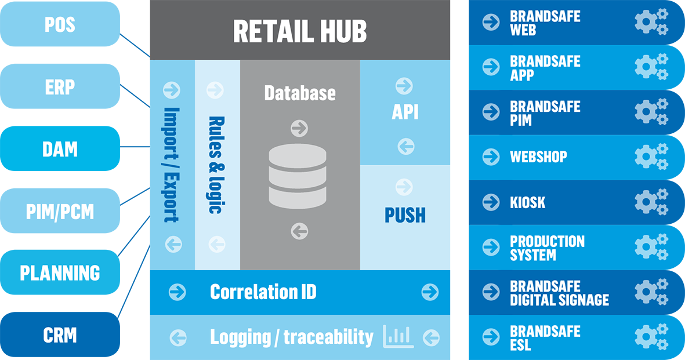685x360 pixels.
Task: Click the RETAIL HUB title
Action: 300,31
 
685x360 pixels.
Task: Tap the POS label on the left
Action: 60,25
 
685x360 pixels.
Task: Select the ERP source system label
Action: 60,88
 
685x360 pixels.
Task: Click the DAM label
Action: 60,150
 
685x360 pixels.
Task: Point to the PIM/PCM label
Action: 60,212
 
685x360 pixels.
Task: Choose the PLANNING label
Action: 60,273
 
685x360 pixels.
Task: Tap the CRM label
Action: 60,335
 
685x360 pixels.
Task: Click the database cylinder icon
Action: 298,177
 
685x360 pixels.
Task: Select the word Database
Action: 300,93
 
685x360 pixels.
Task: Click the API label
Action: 405,112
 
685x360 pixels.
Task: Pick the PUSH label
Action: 405,215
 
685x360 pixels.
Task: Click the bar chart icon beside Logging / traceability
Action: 398,336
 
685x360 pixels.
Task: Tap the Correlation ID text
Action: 263,292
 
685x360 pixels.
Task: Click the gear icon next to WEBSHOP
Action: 651,157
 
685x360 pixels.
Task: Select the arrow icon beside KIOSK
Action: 491,202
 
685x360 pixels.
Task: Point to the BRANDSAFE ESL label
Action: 545,338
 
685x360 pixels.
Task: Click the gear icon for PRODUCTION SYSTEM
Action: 651,248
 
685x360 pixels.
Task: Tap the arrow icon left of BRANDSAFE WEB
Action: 491,23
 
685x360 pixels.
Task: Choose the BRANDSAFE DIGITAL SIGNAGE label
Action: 559,293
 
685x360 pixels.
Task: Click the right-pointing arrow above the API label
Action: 404,86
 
